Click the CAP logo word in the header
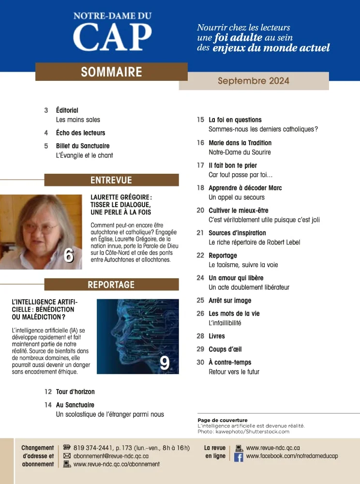click(112, 37)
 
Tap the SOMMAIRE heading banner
click(111, 72)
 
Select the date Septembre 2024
click(254, 81)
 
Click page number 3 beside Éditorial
click(46, 110)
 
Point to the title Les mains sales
click(78, 120)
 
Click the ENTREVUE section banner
click(111, 180)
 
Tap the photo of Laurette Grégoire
click(41, 231)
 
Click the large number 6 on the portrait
click(69, 256)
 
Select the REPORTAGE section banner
click(111, 285)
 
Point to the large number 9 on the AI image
click(165, 363)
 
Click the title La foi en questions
click(235, 120)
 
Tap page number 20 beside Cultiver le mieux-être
click(200, 211)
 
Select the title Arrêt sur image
click(230, 301)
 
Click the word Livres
click(217, 336)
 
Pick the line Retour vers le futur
click(234, 372)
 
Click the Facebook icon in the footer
click(239, 457)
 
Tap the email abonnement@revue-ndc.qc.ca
click(111, 456)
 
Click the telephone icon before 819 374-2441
click(67, 448)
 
